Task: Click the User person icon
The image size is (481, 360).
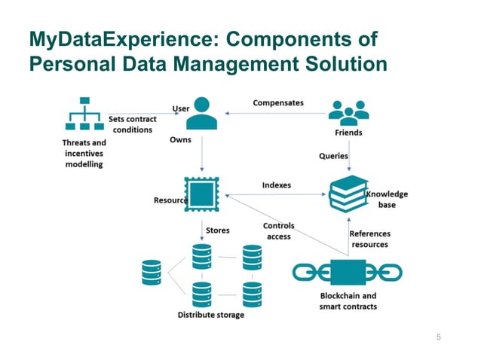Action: pos(201,114)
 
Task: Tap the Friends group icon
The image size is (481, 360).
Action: pos(348,113)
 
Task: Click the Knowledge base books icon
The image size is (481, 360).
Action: pos(348,194)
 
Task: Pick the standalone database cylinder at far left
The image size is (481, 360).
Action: pos(152,273)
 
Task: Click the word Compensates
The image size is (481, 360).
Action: pos(277,102)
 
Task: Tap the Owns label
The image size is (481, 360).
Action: pos(180,140)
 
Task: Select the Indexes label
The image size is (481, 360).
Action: pos(277,185)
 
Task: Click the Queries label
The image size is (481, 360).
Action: pos(333,156)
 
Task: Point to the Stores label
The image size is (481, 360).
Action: pos(218,230)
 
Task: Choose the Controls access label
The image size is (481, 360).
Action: pos(278,231)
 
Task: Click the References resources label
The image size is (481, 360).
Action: pos(369,239)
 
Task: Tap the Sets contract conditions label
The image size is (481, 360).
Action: pos(133,124)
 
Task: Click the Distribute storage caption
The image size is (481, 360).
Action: pos(211,314)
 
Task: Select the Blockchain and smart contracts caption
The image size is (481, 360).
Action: pos(348,301)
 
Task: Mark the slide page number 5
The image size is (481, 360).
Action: pos(439,337)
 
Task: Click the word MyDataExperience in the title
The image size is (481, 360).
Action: pos(107,39)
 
